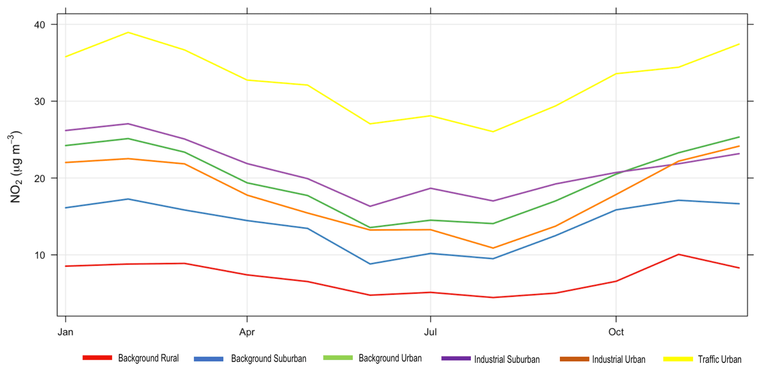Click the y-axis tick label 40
point(40,25)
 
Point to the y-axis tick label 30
point(40,101)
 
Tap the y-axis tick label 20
point(40,178)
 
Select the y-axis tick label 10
point(40,255)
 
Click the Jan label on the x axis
point(66,332)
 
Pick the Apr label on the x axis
point(247,332)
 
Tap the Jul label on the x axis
point(430,332)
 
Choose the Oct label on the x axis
point(616,332)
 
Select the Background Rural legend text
point(148,358)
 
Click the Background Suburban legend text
point(269,358)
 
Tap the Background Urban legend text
point(390,358)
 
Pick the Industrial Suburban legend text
point(507,359)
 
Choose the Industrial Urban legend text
point(619,359)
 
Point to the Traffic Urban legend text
point(720,359)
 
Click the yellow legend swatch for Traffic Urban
point(678,359)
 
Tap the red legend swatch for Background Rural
point(98,358)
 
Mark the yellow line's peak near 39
point(128,32)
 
